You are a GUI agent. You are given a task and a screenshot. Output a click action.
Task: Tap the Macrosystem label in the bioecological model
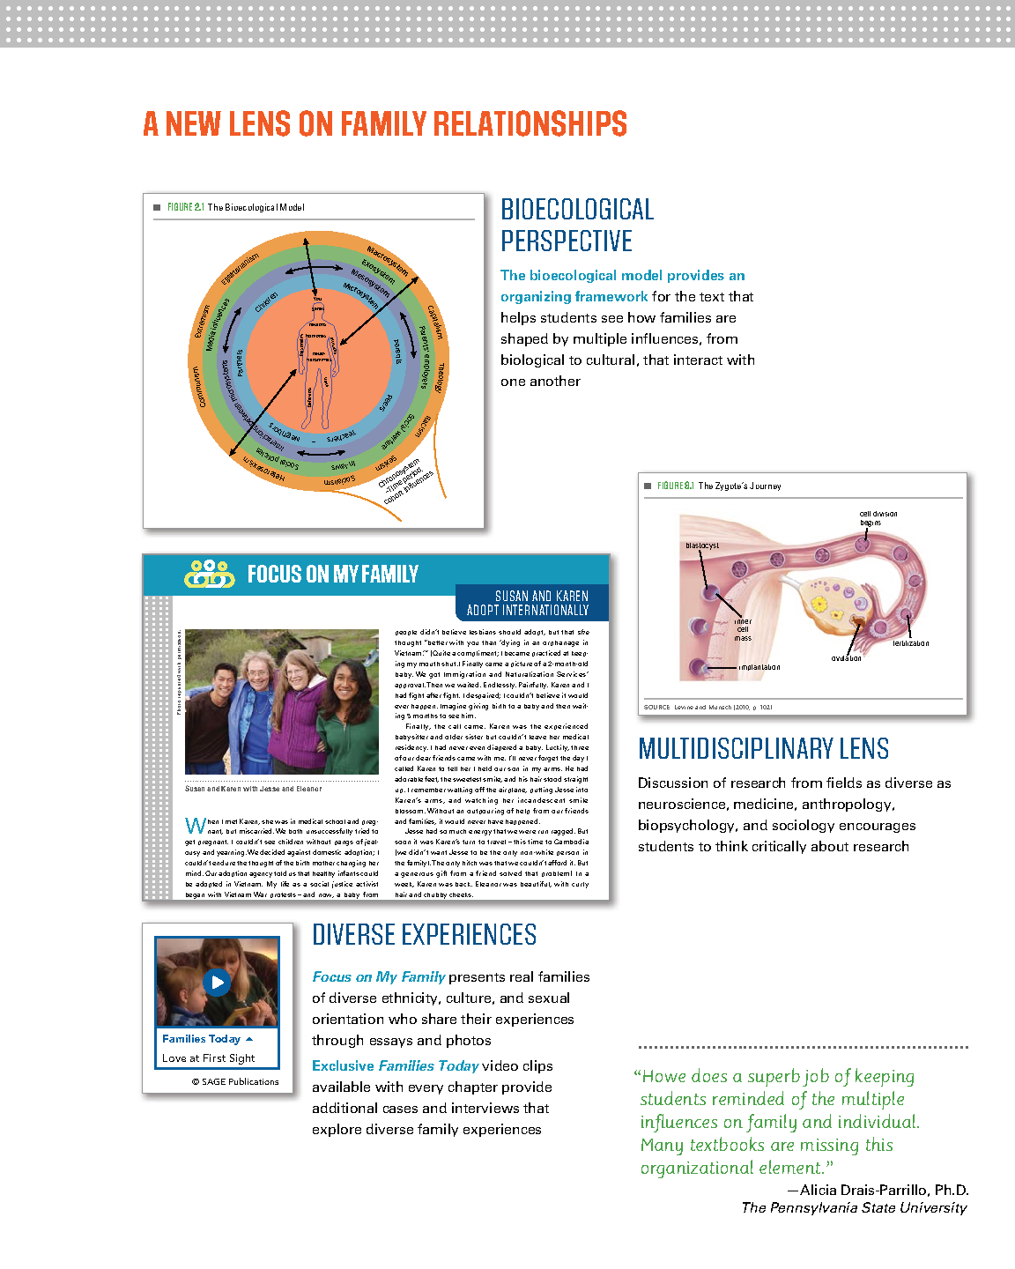point(388,261)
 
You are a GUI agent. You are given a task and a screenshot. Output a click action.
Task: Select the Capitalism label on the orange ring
point(435,323)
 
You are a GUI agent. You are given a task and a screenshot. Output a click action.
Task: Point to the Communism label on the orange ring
point(200,387)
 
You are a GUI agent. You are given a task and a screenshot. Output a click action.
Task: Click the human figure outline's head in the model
point(318,309)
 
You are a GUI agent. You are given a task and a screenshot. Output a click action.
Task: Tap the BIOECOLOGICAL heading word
point(577,210)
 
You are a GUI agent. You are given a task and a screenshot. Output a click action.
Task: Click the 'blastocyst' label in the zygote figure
point(702,545)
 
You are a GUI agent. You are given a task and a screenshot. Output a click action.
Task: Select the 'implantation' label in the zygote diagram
point(759,667)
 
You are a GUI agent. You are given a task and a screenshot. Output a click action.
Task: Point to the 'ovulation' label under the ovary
point(846,658)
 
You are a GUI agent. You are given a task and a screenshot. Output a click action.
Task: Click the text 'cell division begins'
point(878,518)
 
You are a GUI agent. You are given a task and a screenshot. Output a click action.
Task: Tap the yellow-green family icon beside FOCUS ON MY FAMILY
point(210,574)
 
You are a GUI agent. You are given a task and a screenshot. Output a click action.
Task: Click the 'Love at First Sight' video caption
point(208,1058)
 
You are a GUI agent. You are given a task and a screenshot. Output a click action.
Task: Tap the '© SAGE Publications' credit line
point(235,1081)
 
